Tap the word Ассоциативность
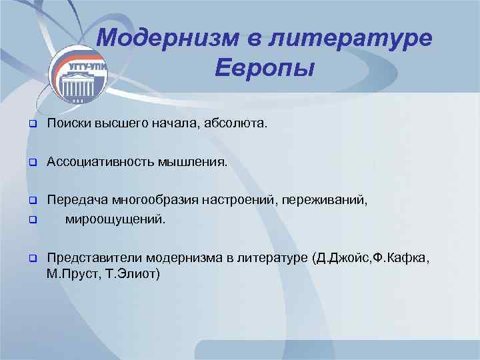101,161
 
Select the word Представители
95,257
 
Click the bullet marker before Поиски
31,124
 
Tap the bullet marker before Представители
31,257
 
